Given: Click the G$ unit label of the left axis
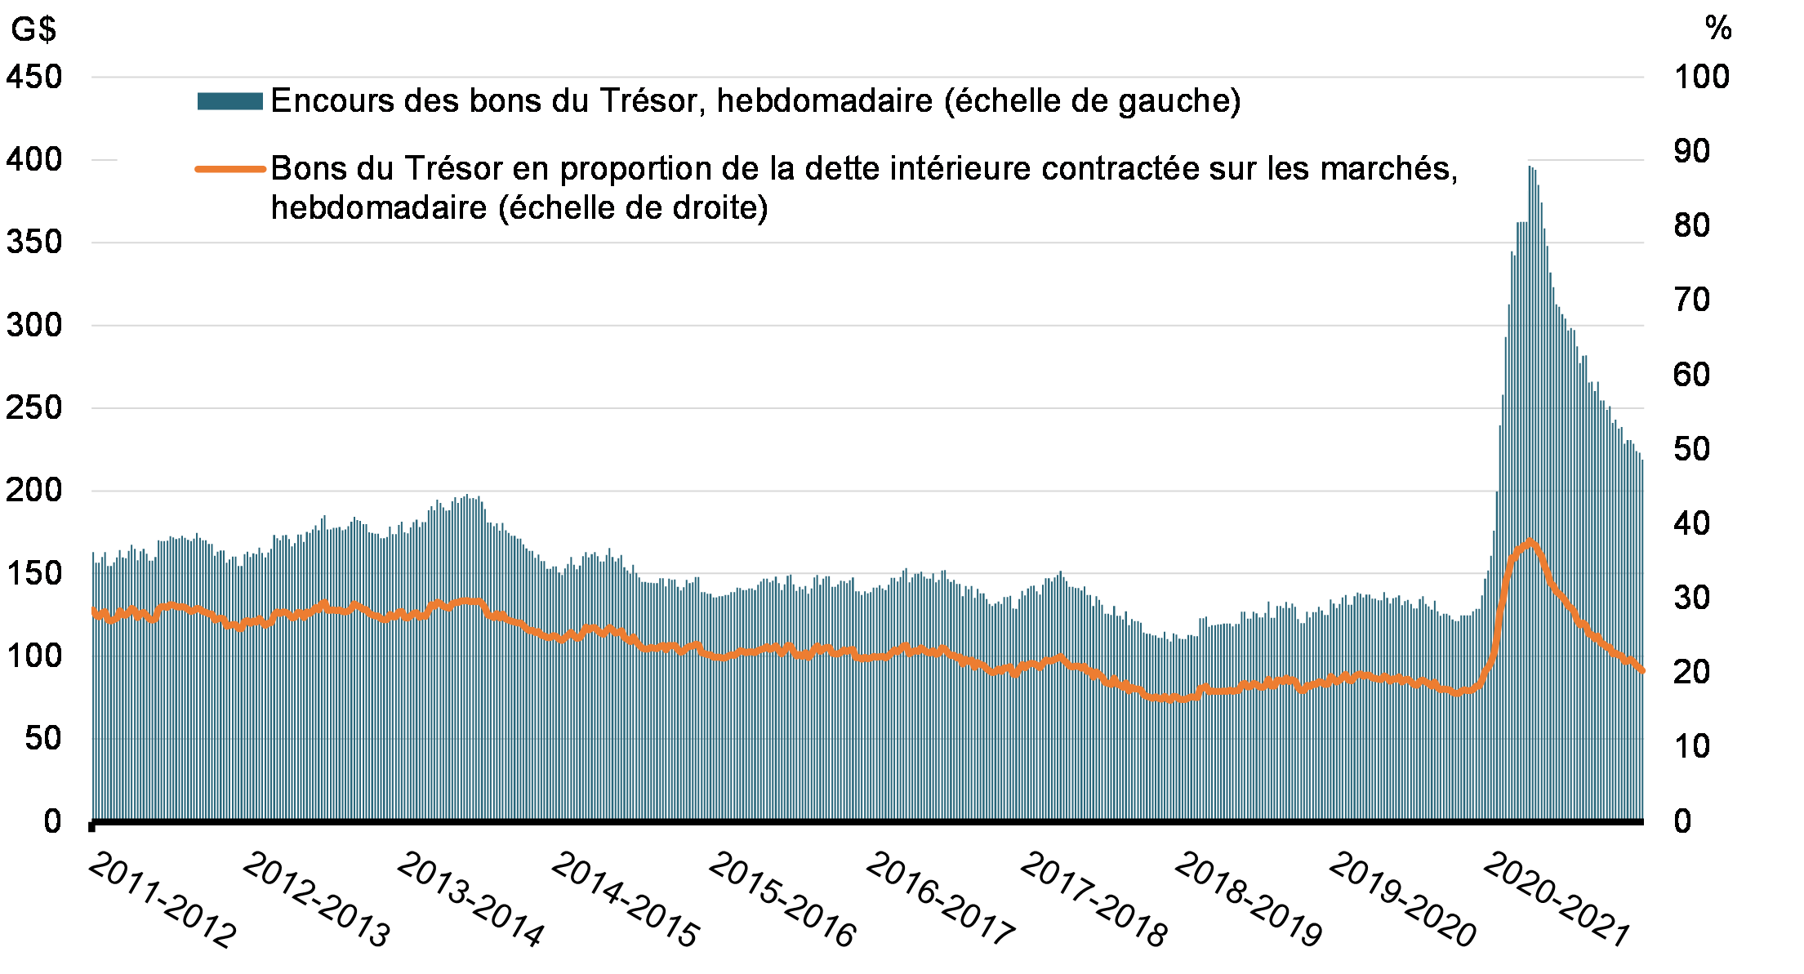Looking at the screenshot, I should (x=33, y=29).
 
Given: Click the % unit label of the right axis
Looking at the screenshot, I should (x=1718, y=29).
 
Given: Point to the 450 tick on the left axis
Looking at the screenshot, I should (x=34, y=78).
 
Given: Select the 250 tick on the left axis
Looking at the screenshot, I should (x=34, y=407).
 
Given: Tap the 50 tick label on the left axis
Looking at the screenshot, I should (x=42, y=738).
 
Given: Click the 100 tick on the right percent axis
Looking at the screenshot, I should (x=1702, y=78).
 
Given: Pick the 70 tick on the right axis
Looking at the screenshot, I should (x=1692, y=300).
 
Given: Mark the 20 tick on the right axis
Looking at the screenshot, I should (x=1692, y=672).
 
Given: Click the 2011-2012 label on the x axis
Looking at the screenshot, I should (x=161, y=900).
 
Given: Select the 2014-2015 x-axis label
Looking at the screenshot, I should (x=625, y=900).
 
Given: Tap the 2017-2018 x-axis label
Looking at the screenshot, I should (x=1094, y=900).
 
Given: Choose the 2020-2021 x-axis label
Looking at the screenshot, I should (x=1557, y=900).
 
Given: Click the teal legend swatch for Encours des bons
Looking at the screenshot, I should (x=229, y=101).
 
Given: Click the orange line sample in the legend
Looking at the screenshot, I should (x=229, y=169).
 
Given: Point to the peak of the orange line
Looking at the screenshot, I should (x=1530, y=540).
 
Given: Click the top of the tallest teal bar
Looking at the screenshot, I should (x=1530, y=167).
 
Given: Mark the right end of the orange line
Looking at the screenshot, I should (x=1642, y=671).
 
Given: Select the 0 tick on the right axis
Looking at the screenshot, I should (x=1682, y=821).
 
